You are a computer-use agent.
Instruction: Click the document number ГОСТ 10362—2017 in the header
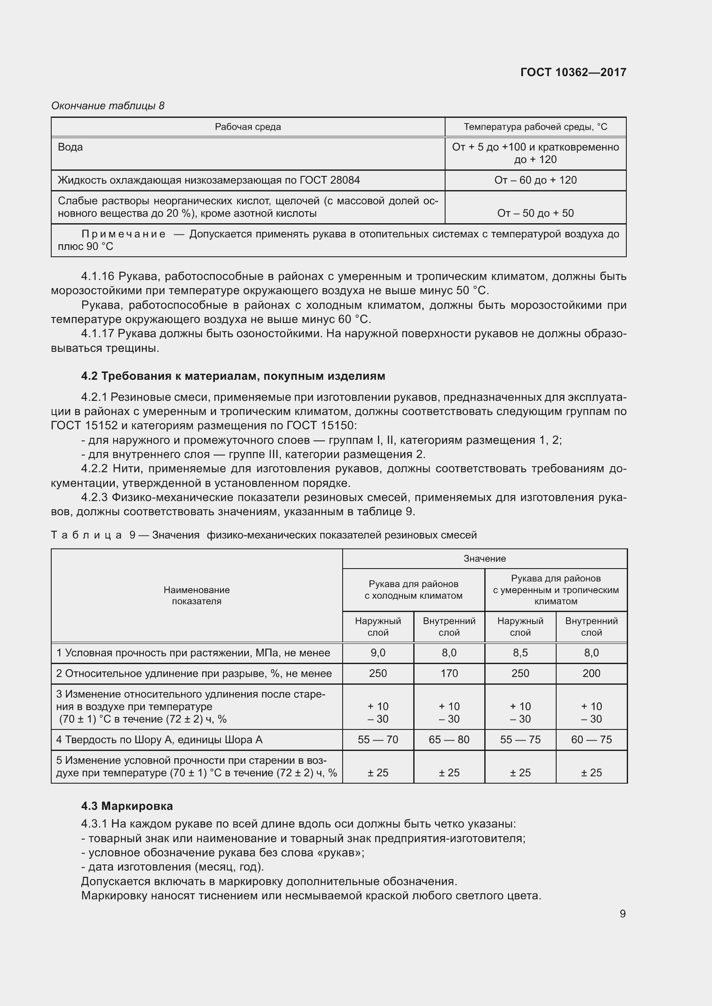tap(573, 72)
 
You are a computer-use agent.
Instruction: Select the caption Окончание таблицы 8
tap(108, 106)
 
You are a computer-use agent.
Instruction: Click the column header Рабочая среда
tap(248, 127)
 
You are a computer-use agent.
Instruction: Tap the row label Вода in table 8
tap(70, 147)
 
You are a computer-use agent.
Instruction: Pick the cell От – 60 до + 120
tap(536, 180)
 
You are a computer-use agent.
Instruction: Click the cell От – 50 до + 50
tap(536, 213)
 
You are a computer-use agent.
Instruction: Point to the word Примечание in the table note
tap(124, 234)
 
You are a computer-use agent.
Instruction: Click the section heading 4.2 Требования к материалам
tap(233, 376)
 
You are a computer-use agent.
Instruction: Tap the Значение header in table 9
tap(484, 559)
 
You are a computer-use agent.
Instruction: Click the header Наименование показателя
tap(196, 595)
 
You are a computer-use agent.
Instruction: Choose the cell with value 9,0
tap(378, 653)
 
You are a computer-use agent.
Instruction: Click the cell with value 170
tap(449, 674)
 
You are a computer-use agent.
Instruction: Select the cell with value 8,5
tap(520, 653)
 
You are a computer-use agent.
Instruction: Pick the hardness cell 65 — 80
tap(449, 740)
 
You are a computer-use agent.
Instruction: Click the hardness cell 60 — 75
tap(591, 740)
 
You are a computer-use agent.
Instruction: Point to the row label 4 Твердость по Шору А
tap(159, 740)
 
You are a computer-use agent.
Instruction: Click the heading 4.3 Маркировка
tap(127, 806)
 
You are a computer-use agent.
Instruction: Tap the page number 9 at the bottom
tap(622, 914)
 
